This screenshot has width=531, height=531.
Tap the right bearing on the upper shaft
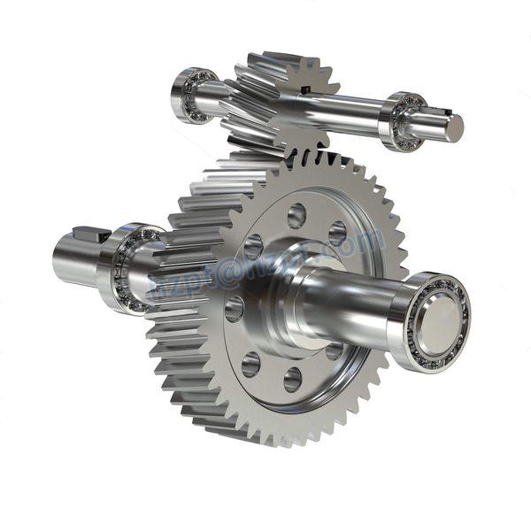[404, 120]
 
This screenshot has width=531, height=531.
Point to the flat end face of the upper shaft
[454, 128]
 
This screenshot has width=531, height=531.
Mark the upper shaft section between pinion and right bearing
[350, 112]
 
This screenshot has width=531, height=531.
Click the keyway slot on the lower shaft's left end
[88, 235]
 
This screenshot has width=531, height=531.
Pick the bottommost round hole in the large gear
[293, 380]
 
